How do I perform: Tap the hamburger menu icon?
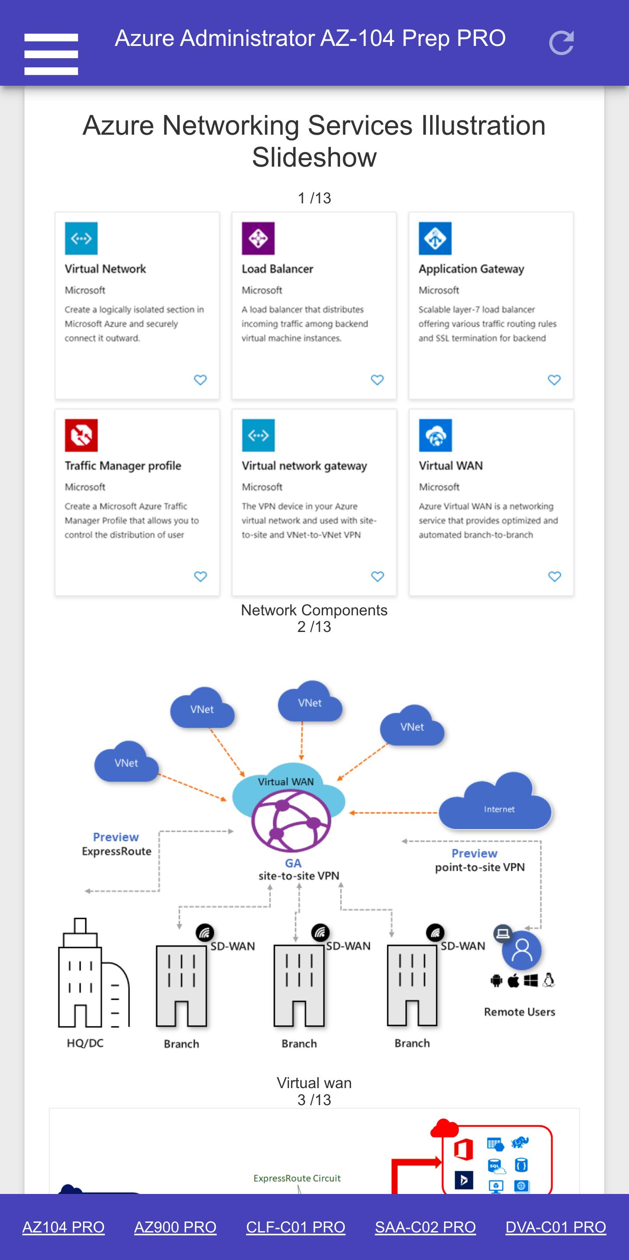coord(51,54)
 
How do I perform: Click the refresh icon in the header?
coord(561,43)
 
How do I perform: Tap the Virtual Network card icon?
coord(81,238)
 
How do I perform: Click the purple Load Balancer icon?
coord(258,238)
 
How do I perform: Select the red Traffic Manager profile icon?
coord(81,435)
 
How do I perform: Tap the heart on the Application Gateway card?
coord(554,380)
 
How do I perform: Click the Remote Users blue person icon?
coord(522,950)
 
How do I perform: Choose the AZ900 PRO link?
coord(175,1227)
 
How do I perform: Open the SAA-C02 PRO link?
coord(425,1227)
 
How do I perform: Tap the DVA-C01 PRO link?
coord(556,1227)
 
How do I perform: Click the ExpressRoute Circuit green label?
coord(297,1178)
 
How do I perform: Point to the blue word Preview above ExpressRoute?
coord(116,837)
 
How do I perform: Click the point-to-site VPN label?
coord(480,867)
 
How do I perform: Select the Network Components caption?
coord(314,610)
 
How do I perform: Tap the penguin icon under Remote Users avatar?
coord(549,980)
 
